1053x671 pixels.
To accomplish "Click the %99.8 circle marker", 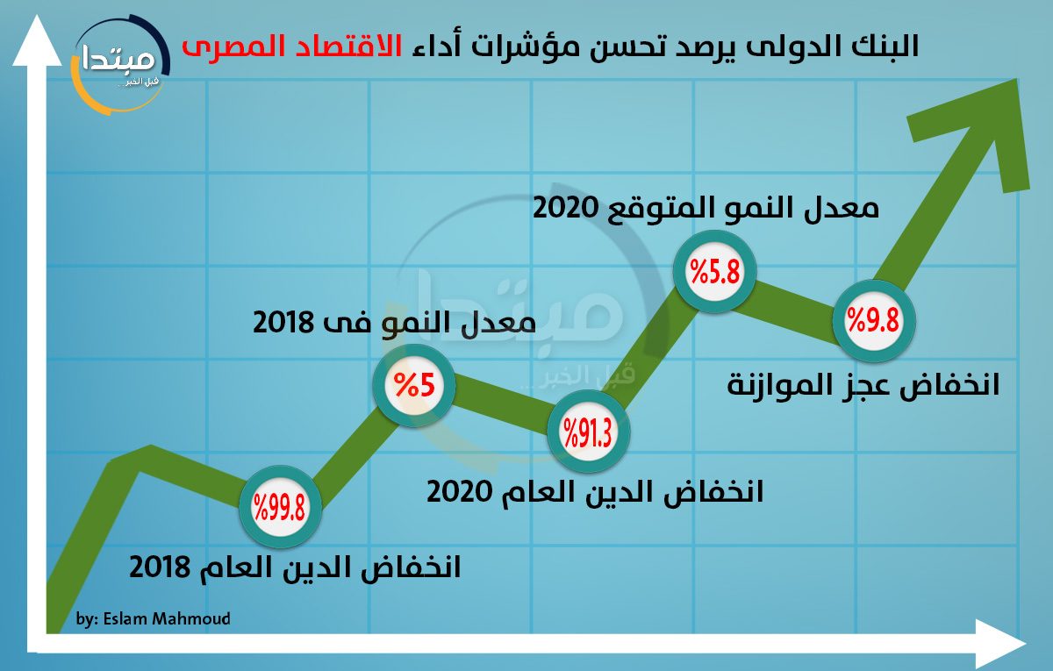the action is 280,507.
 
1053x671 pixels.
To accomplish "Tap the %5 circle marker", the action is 414,385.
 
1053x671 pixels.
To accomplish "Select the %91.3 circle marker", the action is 589,432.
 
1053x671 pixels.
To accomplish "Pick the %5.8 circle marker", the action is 714,271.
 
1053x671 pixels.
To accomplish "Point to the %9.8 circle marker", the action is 874,320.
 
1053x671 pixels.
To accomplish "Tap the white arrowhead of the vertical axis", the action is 37,40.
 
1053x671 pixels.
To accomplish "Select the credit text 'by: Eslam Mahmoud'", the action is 154,619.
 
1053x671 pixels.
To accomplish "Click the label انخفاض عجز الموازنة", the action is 863,385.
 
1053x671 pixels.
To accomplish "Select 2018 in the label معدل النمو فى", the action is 283,323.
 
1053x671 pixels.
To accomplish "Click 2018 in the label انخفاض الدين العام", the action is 160,567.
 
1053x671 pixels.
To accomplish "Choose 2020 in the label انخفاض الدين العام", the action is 459,492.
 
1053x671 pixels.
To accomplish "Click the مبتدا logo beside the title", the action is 120,65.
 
